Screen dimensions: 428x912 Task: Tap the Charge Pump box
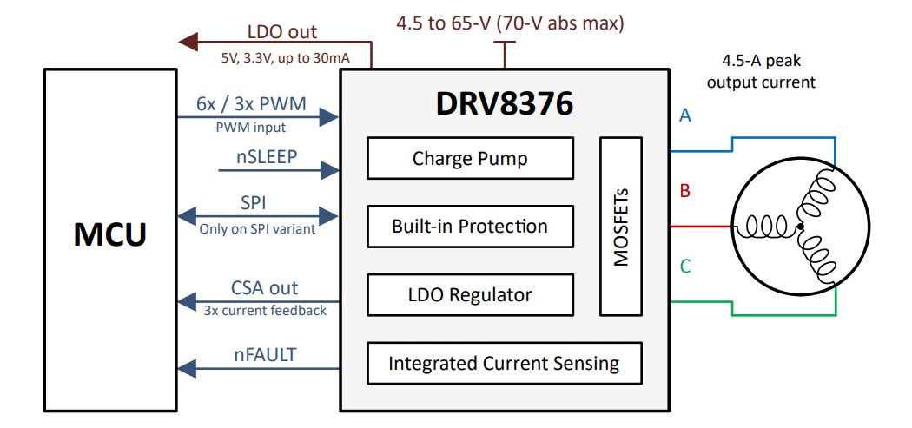[x=470, y=158]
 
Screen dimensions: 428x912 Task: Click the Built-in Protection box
[x=470, y=227]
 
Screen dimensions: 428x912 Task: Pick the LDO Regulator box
[x=470, y=294]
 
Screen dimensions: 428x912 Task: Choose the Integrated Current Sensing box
[x=504, y=363]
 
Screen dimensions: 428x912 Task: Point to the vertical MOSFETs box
[x=621, y=226]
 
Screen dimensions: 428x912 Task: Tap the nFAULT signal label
[x=263, y=354]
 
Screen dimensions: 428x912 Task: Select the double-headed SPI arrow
[x=256, y=215]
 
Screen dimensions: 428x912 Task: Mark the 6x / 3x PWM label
[x=251, y=104]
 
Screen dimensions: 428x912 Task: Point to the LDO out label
[x=281, y=32]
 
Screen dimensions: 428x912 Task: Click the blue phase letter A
[x=684, y=115]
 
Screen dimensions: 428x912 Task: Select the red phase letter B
[x=684, y=191]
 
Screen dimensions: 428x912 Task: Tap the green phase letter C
[x=684, y=267]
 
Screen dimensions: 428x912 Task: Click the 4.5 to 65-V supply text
[x=511, y=23]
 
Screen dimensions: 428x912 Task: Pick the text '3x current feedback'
[x=265, y=310]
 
